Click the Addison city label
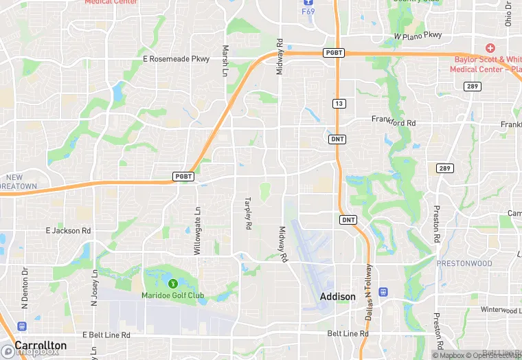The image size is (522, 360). [x=338, y=297]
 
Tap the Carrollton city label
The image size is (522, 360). [x=41, y=345]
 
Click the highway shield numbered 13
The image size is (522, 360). [x=338, y=103]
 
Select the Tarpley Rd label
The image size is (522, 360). [x=248, y=214]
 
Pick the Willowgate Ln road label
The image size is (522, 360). [x=198, y=232]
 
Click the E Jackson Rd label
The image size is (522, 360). [x=68, y=231]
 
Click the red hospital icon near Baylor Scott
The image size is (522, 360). [x=490, y=48]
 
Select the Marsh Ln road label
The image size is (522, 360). [x=225, y=61]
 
